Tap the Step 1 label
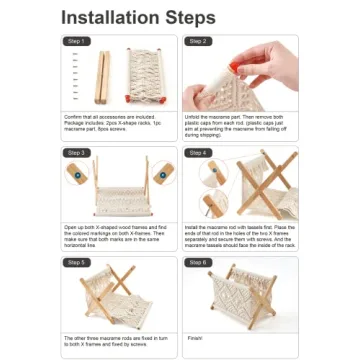coord(75,41)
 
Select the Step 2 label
coord(196,41)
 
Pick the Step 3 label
coord(75,152)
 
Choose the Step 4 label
coord(196,152)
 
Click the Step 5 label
coord(75,262)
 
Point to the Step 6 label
coord(196,262)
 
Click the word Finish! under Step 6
coord(192,337)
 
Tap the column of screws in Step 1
coord(75,77)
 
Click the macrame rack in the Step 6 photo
coord(238,297)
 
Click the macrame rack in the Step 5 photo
coord(117,297)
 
